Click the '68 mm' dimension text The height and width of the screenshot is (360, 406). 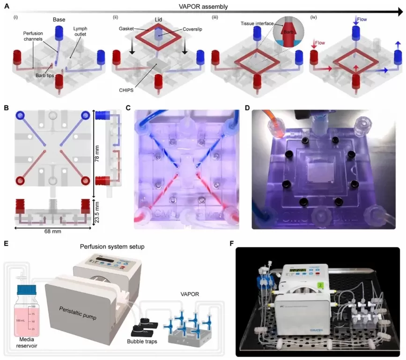(x=54, y=231)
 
